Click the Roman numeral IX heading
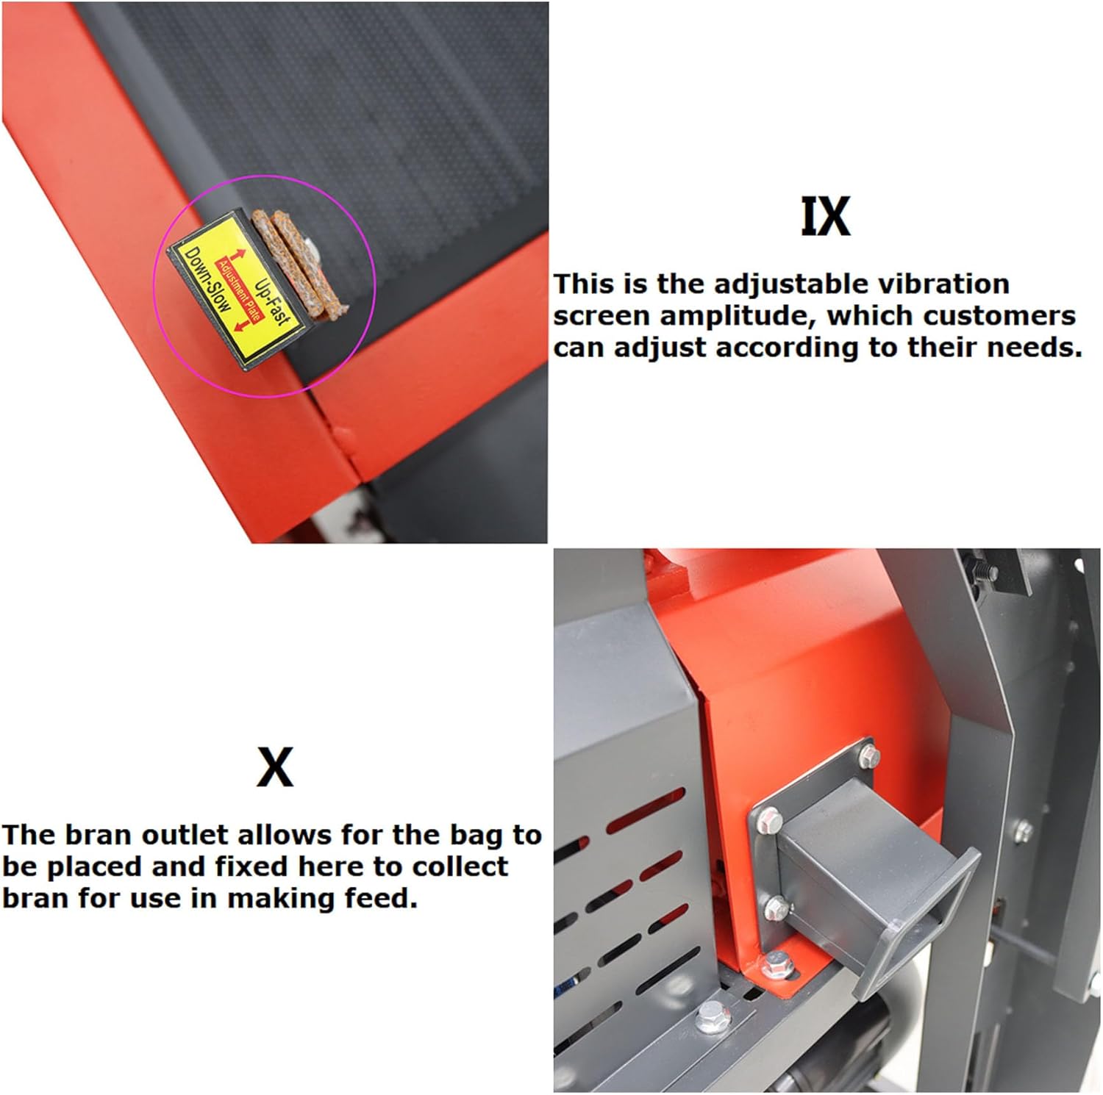click(825, 216)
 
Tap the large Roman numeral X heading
click(275, 766)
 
